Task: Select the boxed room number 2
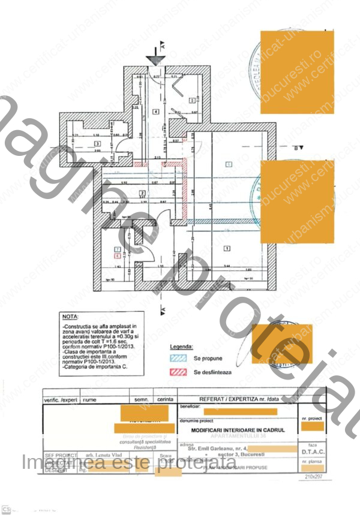pyautogui.click(x=142, y=192)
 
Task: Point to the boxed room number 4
pyautogui.click(x=155, y=112)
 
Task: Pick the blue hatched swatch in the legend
pyautogui.click(x=178, y=359)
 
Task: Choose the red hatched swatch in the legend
pyautogui.click(x=178, y=372)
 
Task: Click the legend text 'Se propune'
pyautogui.click(x=208, y=359)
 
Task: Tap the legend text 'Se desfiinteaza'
pyautogui.click(x=212, y=372)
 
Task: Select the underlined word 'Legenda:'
pyautogui.click(x=181, y=347)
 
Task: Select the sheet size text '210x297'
pyautogui.click(x=313, y=476)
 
